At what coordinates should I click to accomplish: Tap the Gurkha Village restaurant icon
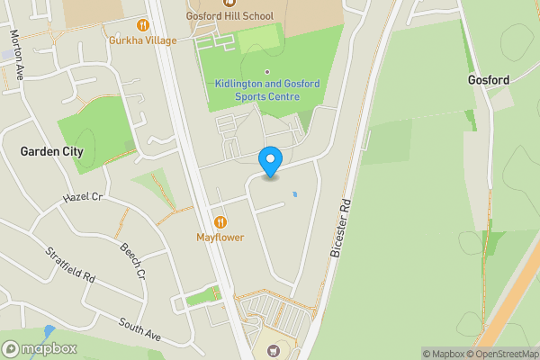[141, 24]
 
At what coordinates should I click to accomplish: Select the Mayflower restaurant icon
[220, 222]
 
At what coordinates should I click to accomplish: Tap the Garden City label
[51, 152]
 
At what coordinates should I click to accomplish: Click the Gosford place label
[489, 80]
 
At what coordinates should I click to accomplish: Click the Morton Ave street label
[15, 55]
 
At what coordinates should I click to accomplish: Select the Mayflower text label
[220, 238]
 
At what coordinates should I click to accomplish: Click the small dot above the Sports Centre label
[267, 72]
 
